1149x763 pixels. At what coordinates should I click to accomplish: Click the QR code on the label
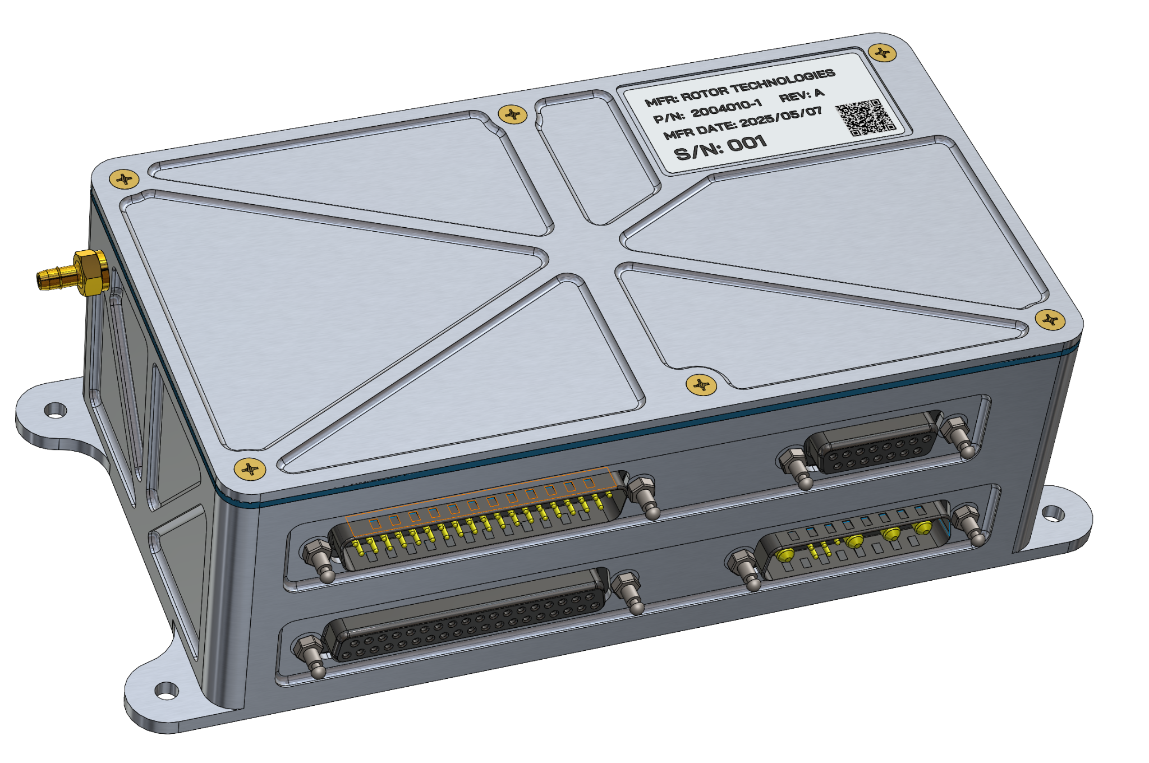[x=865, y=117]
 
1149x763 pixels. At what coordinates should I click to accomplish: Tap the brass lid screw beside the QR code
[x=882, y=53]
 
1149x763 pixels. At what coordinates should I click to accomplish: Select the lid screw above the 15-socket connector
[x=701, y=385]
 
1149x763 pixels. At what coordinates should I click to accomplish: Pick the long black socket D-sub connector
[x=466, y=617]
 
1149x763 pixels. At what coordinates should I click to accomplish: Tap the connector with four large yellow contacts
[x=853, y=540]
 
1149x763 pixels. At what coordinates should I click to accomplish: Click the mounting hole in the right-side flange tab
[x=1053, y=512]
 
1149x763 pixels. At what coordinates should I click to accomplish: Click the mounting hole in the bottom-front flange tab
[x=166, y=690]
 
